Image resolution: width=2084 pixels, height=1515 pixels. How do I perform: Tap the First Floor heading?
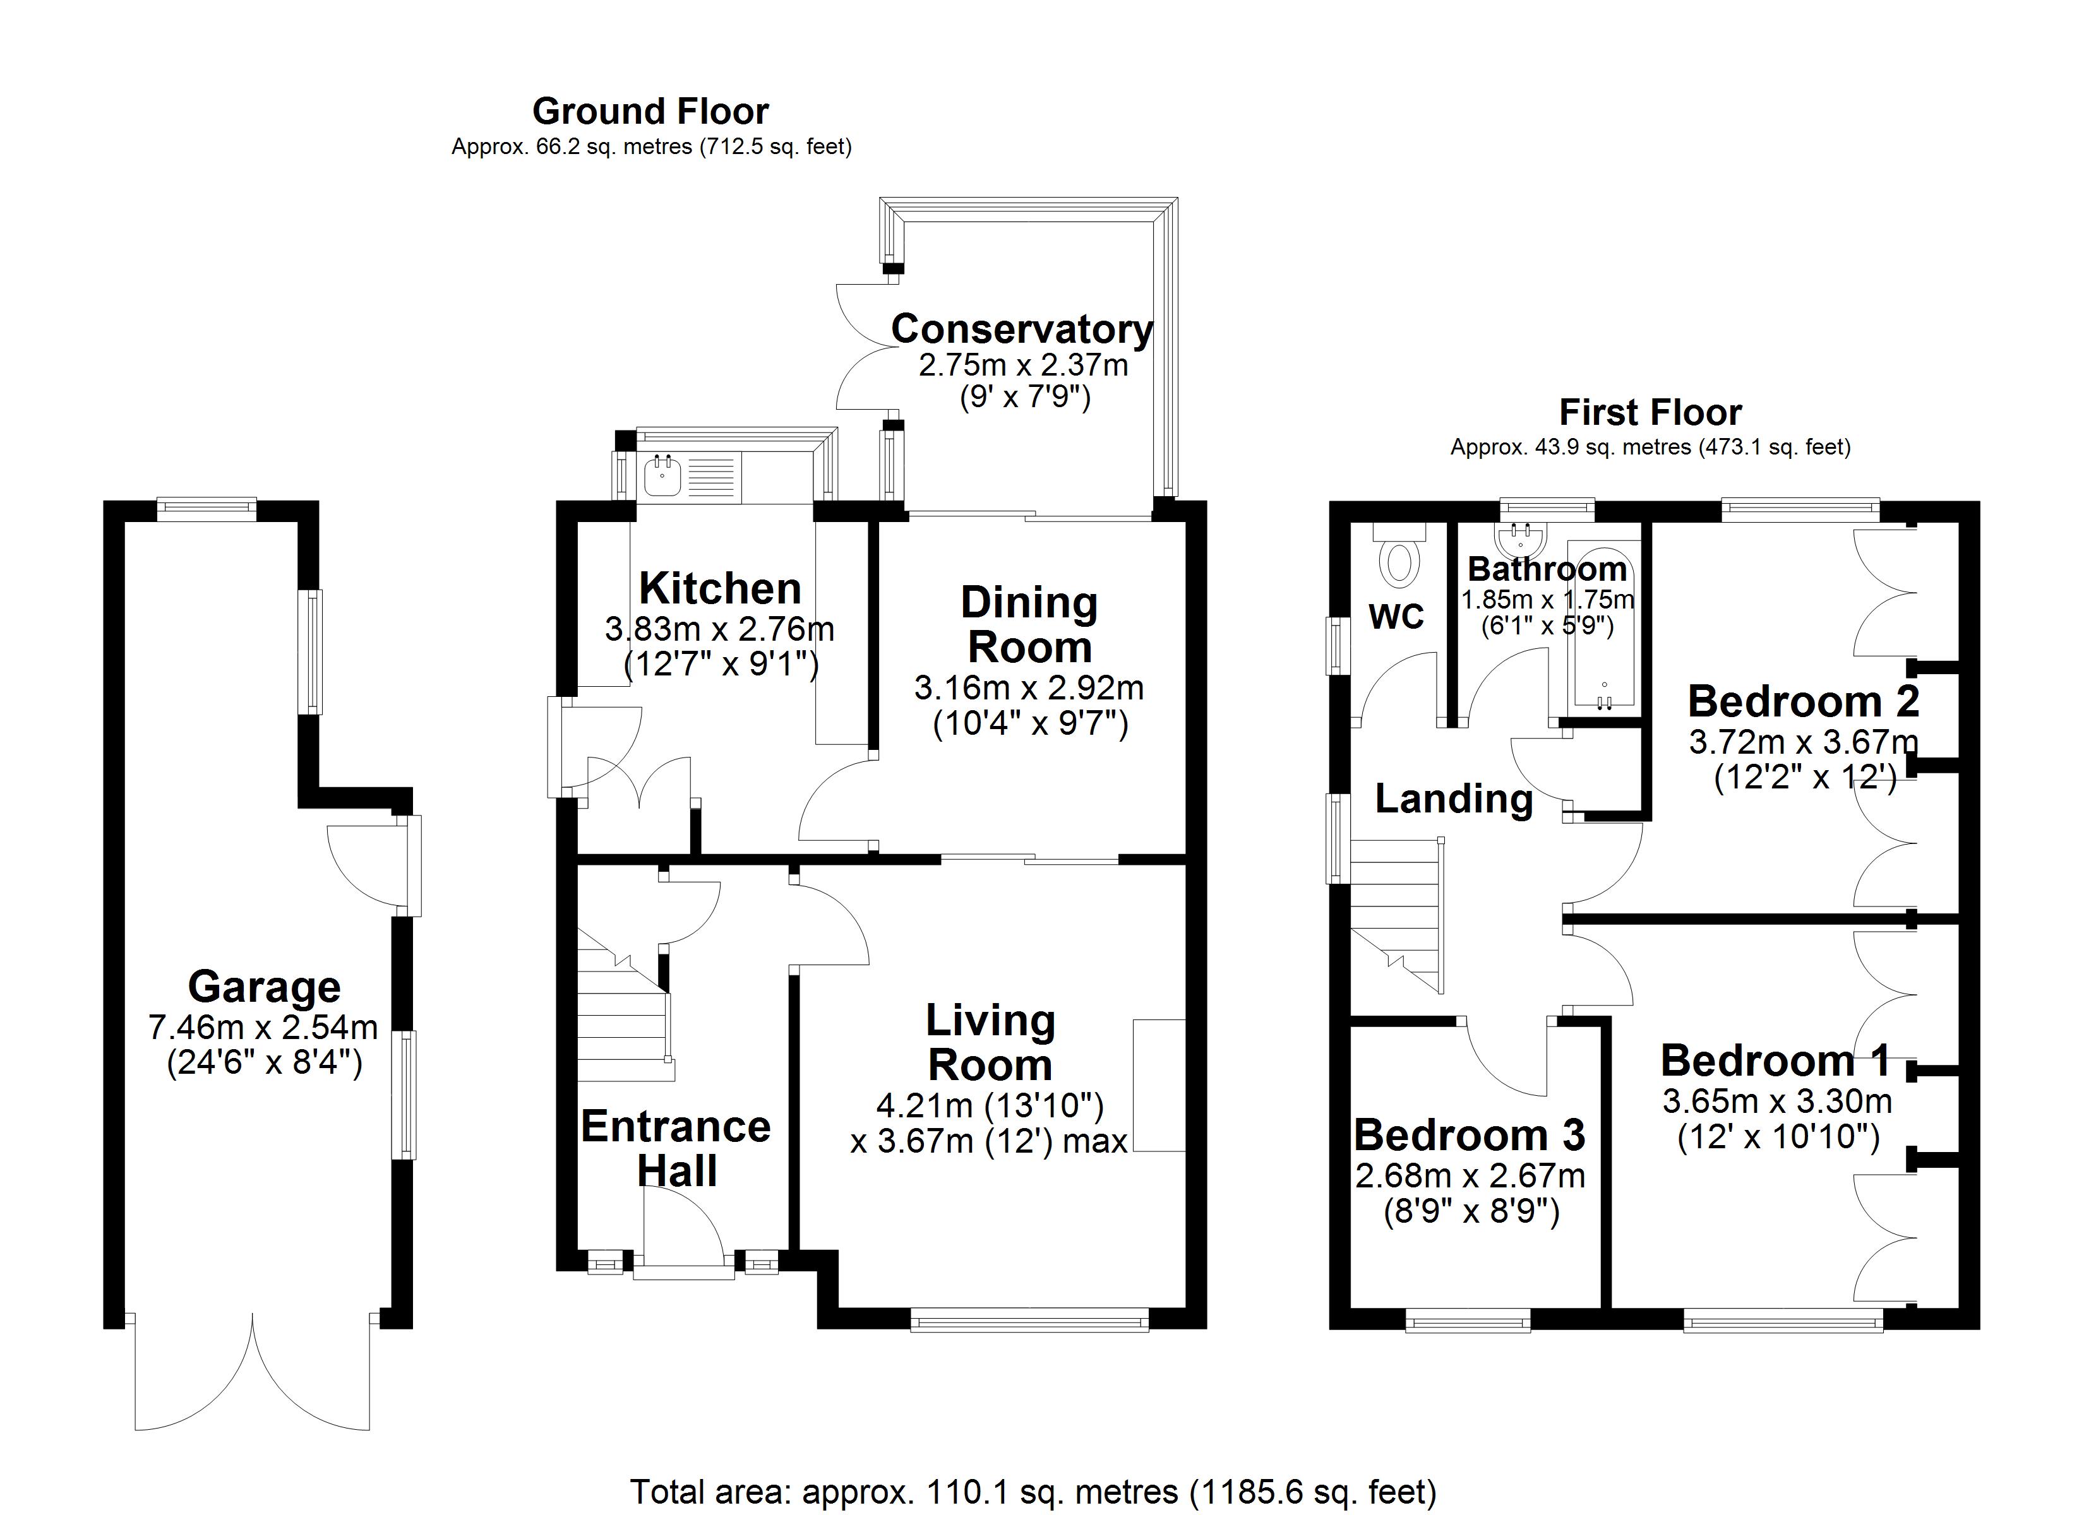pyautogui.click(x=1650, y=412)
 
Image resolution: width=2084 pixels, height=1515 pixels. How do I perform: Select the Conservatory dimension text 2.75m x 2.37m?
pyautogui.click(x=1022, y=365)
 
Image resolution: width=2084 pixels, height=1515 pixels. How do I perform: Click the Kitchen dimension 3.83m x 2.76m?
pyautogui.click(x=719, y=629)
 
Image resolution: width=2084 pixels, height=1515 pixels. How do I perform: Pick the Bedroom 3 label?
pyautogui.click(x=1470, y=1136)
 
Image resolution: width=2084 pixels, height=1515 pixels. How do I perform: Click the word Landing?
pyautogui.click(x=1454, y=799)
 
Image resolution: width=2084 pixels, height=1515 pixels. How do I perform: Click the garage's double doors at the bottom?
pyautogui.click(x=253, y=1378)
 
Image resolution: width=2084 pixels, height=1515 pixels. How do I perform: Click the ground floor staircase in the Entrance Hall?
pyautogui.click(x=622, y=1020)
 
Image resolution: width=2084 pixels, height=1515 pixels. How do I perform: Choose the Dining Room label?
pyautogui.click(x=1029, y=625)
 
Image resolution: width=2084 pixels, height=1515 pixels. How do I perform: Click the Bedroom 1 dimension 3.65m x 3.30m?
pyautogui.click(x=1777, y=1101)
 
